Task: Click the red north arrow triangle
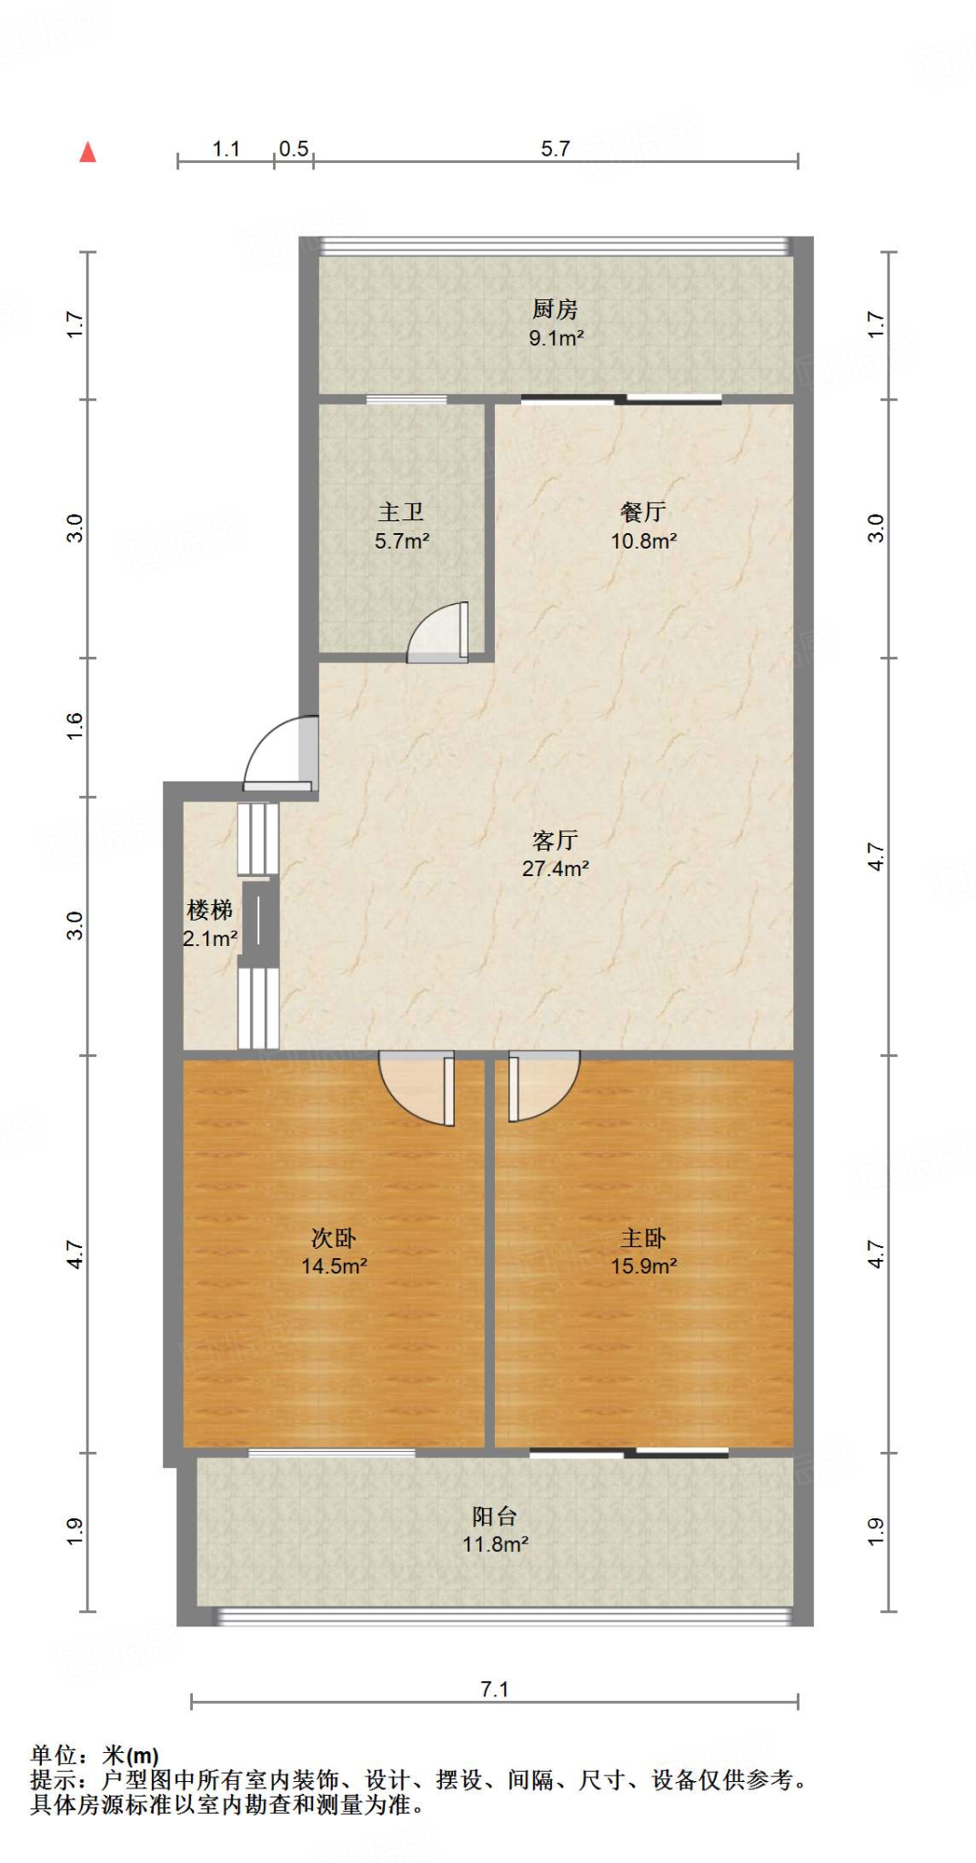[x=87, y=152]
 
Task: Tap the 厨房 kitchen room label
[x=555, y=309]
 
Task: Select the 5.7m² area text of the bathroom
[x=401, y=541]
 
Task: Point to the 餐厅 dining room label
[x=643, y=512]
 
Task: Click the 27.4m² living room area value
[x=555, y=869]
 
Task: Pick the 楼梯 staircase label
[x=210, y=910]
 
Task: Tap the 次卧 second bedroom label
[x=334, y=1238]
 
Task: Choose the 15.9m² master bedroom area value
[x=643, y=1266]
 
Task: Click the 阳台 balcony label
[x=495, y=1516]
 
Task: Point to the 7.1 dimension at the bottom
[x=494, y=1689]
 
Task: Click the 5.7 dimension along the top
[x=555, y=149]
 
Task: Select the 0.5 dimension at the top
[x=294, y=149]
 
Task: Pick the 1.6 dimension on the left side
[x=75, y=726]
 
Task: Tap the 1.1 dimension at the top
[x=226, y=149]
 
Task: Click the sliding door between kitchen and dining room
[x=621, y=398]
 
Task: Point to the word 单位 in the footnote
[x=55, y=1756]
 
